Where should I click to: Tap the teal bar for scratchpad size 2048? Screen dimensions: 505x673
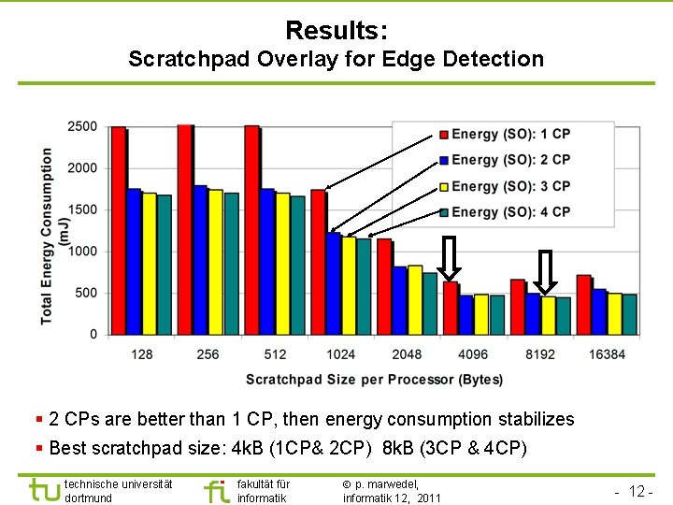click(430, 303)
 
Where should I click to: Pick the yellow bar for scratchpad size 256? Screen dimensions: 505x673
click(216, 262)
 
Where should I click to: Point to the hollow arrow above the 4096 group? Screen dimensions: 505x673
click(450, 259)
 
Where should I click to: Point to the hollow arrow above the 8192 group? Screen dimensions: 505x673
click(545, 271)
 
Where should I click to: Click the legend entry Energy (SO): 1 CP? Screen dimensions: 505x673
click(510, 135)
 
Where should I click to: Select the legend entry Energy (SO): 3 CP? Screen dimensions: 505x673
click(510, 186)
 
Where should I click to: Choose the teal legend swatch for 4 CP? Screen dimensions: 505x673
click(444, 212)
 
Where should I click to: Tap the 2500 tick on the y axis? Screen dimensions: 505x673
click(82, 127)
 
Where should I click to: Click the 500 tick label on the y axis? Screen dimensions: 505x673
click(86, 293)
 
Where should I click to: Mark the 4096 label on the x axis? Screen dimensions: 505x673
click(472, 354)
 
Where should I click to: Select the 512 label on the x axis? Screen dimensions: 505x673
click(275, 354)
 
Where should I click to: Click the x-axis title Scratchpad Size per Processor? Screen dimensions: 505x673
click(374, 379)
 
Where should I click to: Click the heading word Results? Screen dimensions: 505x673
click(336, 31)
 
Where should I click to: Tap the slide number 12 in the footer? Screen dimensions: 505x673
click(638, 492)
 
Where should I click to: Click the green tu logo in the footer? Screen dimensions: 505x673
click(43, 490)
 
